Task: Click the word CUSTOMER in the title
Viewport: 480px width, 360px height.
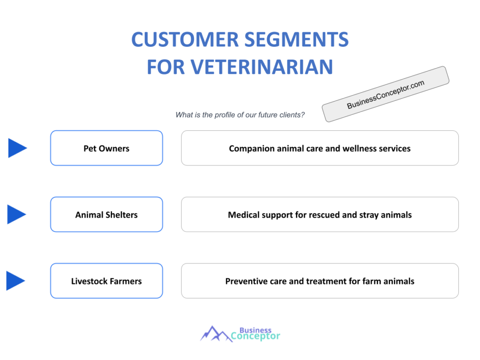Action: pos(185,39)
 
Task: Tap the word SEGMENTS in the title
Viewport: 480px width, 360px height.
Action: pos(297,39)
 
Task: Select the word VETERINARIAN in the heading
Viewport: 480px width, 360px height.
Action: pos(262,67)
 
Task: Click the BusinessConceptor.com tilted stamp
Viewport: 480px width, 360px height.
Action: pos(385,94)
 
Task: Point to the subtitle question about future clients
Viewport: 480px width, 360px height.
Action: pos(240,115)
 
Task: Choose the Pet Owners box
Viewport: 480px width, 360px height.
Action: pos(106,148)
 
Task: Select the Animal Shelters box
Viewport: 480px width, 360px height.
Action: pos(106,215)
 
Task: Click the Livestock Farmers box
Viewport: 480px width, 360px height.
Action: pos(106,281)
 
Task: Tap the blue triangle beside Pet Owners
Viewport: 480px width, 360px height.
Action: pos(17,148)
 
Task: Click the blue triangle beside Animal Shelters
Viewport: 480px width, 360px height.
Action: pos(16,214)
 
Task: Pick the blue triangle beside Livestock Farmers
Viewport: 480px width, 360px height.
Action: pos(15,281)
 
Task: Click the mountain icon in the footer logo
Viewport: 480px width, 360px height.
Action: pos(216,334)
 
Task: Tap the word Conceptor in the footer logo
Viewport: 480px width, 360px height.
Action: pos(255,337)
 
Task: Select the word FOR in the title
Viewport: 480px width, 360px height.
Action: pos(166,67)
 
